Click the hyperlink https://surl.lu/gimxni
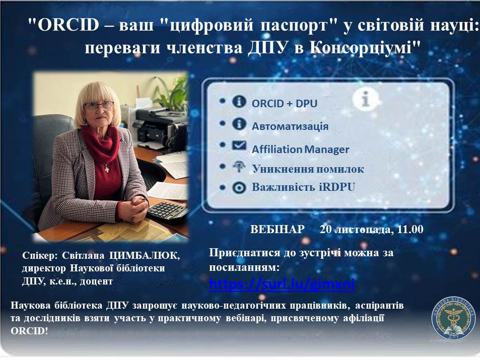(282, 284)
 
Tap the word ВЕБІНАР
(278, 229)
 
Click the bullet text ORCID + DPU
(285, 104)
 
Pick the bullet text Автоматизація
(290, 126)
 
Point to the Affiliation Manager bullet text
(300, 150)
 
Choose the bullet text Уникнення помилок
(308, 169)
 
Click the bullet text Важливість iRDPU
(303, 187)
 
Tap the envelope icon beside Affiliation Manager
(239, 146)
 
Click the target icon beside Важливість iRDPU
(239, 187)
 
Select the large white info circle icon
(365, 99)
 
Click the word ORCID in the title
(68, 25)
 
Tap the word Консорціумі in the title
(361, 48)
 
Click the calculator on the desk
(168, 211)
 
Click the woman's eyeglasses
(99, 106)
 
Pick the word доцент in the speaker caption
(96, 281)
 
